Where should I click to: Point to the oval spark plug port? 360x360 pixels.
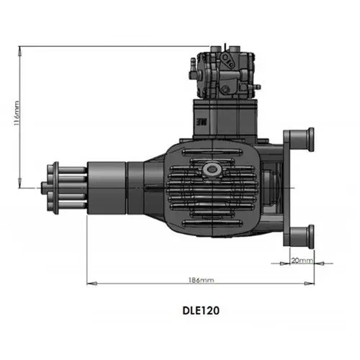[212, 168]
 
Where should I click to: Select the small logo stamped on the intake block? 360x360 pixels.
[202, 122]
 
